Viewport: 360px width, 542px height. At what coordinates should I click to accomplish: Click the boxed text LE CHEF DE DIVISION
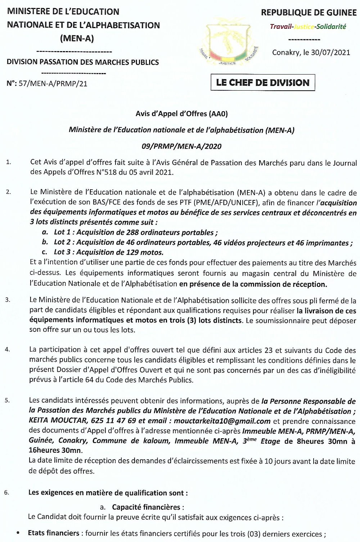point(262,82)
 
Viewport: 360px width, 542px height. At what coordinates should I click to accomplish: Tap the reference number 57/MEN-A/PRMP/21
point(53,83)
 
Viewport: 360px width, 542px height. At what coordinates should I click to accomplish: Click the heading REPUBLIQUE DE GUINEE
point(309,13)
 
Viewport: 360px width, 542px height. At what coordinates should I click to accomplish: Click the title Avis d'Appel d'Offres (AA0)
point(181,114)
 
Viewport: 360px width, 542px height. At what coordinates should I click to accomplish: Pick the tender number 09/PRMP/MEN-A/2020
point(181,146)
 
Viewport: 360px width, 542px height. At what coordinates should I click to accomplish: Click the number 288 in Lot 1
point(133,232)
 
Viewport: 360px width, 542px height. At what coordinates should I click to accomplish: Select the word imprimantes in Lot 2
point(327,243)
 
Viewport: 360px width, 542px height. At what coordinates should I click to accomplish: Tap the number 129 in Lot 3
point(133,252)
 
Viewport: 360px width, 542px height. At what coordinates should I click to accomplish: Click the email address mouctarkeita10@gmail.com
point(222,421)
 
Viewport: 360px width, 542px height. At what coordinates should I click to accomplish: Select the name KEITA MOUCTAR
point(58,421)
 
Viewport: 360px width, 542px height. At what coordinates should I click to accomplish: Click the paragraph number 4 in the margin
point(8,349)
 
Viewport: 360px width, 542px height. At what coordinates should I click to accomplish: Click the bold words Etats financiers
point(54,533)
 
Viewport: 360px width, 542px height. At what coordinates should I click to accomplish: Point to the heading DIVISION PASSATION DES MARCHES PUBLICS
point(82,62)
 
